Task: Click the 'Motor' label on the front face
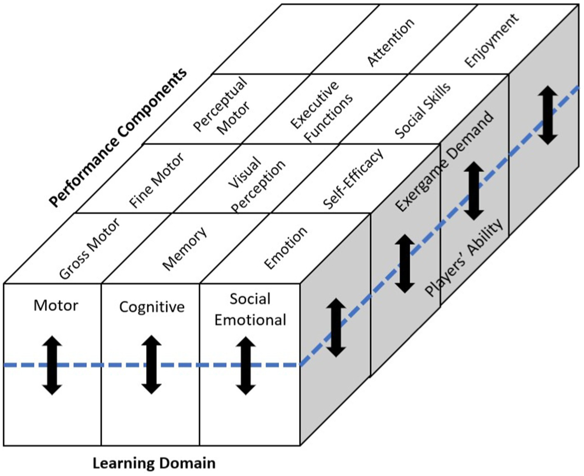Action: pos(56,305)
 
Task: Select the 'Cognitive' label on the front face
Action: pos(152,307)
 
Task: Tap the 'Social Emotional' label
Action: pos(250,309)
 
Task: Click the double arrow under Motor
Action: pos(52,365)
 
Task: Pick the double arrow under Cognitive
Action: pos(152,365)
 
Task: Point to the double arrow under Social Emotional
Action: pos(246,365)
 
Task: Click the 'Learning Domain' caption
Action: pos(154,463)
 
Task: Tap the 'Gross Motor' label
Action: pos(89,248)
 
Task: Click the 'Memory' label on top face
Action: pos(185,248)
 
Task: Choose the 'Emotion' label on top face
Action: pos(285,248)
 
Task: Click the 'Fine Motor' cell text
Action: pos(157,180)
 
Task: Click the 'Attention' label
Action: pos(390,42)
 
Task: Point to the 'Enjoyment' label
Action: pos(491,40)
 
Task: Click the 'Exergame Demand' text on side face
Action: pos(444,161)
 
